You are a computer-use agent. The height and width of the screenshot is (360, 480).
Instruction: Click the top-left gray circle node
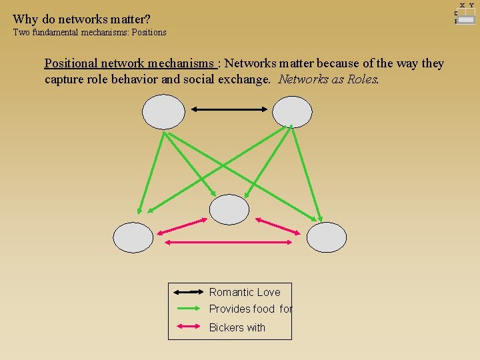coord(163,111)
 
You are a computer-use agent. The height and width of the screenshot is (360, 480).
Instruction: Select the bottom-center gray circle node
coord(229,209)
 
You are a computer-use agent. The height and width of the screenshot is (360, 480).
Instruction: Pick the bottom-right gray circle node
coord(327,238)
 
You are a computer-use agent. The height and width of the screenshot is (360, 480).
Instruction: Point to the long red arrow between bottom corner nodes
coord(230,242)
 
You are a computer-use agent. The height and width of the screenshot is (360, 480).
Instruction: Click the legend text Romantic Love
coord(245,292)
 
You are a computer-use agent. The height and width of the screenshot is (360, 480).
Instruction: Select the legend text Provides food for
coord(251,309)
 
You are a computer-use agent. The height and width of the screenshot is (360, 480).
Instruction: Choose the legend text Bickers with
coord(237,327)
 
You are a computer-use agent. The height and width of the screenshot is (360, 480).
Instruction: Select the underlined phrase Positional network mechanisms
coord(130,63)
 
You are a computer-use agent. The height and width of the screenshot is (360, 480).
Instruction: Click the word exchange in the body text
coord(245,79)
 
